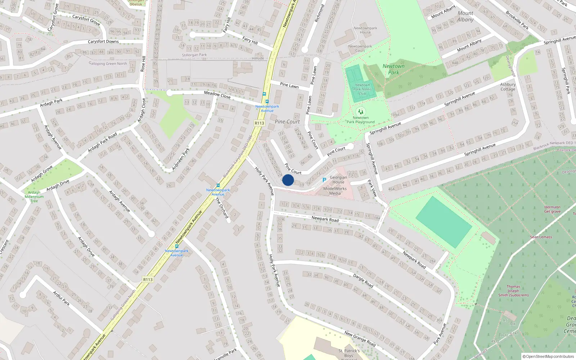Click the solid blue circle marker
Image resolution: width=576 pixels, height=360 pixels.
288,180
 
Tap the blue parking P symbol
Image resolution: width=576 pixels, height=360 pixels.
324,180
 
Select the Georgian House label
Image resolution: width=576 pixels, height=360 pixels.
338,180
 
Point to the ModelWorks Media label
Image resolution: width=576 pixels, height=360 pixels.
335,191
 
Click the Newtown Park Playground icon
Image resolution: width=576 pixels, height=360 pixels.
360,112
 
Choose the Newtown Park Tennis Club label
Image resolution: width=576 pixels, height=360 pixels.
362,89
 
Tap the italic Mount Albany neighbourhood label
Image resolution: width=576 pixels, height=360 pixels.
465,16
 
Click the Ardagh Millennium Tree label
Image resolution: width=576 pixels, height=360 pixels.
34,197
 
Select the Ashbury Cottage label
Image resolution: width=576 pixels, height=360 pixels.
508,87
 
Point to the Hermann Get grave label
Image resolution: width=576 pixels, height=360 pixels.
552,209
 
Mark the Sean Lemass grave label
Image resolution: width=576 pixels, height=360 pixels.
541,237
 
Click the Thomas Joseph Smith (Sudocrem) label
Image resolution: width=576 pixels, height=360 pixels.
513,291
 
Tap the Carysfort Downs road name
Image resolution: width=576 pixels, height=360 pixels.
103,41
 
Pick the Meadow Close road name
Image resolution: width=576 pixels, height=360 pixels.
217,95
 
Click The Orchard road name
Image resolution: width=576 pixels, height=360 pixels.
222,208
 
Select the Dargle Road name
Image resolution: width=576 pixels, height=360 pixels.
363,280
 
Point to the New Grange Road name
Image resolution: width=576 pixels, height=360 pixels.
360,339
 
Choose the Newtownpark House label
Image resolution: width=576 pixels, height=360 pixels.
365,30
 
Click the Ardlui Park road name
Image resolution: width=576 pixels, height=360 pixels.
62,298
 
